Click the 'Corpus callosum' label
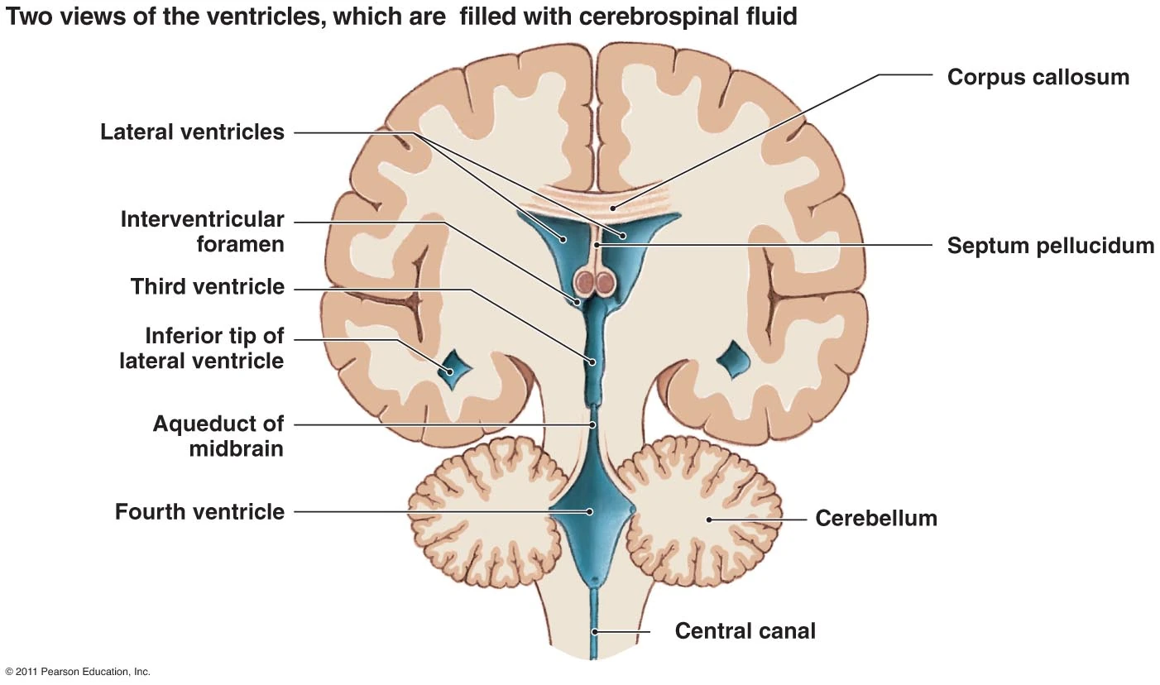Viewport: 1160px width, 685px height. point(1038,77)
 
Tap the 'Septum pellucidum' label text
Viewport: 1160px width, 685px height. point(1050,246)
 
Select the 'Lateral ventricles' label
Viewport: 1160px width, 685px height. point(192,132)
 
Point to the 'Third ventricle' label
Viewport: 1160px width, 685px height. point(207,287)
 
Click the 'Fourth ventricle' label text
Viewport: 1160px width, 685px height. point(199,512)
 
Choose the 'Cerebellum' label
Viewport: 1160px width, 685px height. point(875,519)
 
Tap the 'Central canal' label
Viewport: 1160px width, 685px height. point(745,631)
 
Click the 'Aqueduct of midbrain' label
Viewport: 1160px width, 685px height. point(218,436)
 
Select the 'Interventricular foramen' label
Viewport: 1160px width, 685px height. point(202,232)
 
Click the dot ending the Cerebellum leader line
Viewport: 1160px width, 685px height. point(707,520)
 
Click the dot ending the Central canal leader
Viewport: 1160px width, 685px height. point(593,632)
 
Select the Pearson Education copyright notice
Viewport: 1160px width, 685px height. point(78,672)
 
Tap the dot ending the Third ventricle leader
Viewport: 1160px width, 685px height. point(592,362)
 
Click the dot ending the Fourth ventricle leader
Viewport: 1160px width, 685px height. point(590,511)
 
